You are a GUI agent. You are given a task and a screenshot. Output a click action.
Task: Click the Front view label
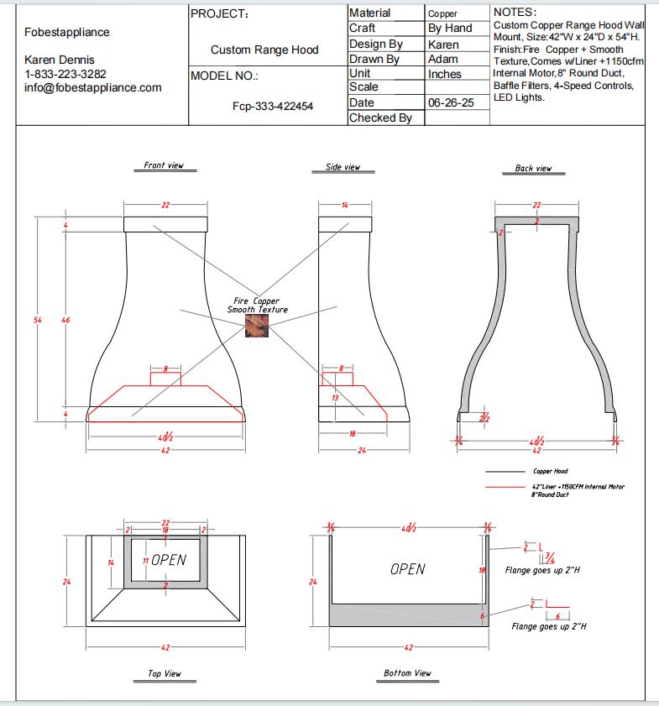pyautogui.click(x=163, y=165)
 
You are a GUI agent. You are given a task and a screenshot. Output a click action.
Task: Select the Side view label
pyautogui.click(x=343, y=167)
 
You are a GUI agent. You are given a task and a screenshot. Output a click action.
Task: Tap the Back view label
pyautogui.click(x=533, y=168)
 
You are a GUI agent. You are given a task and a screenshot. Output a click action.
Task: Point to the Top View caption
pyautogui.click(x=164, y=673)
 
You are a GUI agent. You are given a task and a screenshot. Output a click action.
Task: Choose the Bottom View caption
pyautogui.click(x=407, y=673)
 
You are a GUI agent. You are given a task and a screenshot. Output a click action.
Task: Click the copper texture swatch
pyautogui.click(x=255, y=327)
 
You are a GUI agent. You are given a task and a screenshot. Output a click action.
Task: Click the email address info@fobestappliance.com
pyautogui.click(x=93, y=87)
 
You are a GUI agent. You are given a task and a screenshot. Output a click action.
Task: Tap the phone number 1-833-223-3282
pyautogui.click(x=65, y=74)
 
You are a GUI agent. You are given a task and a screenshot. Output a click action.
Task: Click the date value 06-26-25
pyautogui.click(x=445, y=102)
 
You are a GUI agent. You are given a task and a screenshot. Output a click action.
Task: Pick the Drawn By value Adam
pyautogui.click(x=442, y=59)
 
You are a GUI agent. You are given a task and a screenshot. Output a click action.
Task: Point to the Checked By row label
pyautogui.click(x=380, y=118)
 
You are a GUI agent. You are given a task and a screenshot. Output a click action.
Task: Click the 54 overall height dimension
pyautogui.click(x=38, y=320)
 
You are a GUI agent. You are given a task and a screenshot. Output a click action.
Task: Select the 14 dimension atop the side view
pyautogui.click(x=344, y=205)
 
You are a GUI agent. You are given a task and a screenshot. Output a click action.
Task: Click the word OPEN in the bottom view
pyautogui.click(x=407, y=569)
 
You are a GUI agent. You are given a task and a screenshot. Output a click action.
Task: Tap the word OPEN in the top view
pyautogui.click(x=169, y=560)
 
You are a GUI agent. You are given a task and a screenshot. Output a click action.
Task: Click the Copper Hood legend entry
pyautogui.click(x=550, y=472)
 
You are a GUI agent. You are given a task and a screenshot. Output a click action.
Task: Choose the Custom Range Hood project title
pyautogui.click(x=264, y=50)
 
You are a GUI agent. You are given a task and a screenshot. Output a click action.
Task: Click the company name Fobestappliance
pyautogui.click(x=67, y=33)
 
